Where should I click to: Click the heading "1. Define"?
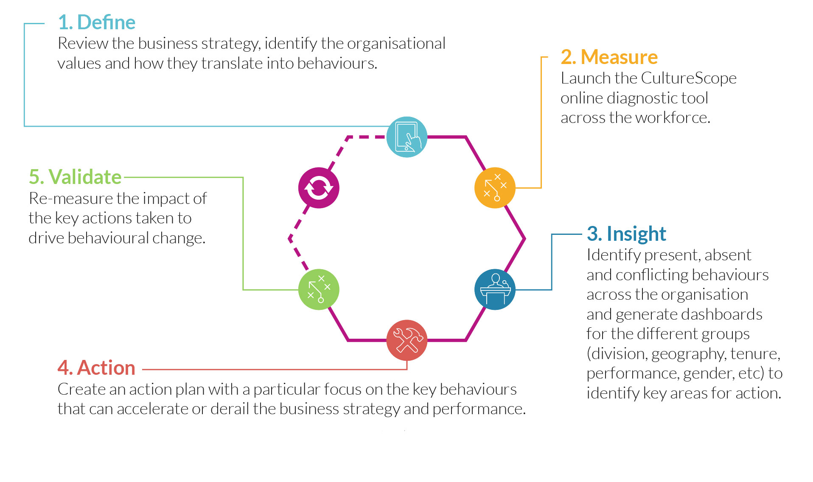pos(97,22)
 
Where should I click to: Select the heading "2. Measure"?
pos(609,57)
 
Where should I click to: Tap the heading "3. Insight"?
pos(626,234)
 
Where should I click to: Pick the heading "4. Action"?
pos(96,368)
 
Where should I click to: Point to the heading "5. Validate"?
pos(75,177)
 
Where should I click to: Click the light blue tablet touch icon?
pos(407,137)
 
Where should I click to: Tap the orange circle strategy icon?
pos(495,188)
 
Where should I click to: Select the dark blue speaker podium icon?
pos(495,290)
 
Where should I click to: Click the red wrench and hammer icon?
pos(407,340)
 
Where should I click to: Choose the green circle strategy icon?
pos(319,290)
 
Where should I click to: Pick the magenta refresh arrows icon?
pos(319,188)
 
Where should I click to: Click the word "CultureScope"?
pos(689,78)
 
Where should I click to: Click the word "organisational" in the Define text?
pos(396,44)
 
